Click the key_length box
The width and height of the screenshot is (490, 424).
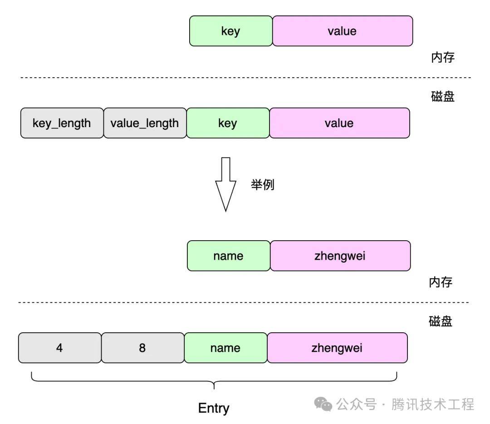click(x=62, y=123)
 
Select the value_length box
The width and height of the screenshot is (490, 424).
click(x=145, y=123)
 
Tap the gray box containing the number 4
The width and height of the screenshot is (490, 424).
click(x=60, y=348)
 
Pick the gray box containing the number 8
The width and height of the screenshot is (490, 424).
click(x=143, y=348)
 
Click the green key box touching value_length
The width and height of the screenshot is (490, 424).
click(x=228, y=123)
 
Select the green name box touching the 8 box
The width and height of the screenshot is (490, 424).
click(x=225, y=348)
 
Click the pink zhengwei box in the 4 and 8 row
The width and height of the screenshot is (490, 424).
click(x=337, y=348)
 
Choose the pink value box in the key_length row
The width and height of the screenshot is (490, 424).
click(x=339, y=123)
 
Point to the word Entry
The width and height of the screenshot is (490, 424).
click(x=214, y=408)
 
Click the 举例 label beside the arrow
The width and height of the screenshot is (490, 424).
click(x=263, y=184)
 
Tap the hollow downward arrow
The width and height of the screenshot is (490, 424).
click(x=225, y=184)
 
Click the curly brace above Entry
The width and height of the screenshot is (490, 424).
click(x=214, y=381)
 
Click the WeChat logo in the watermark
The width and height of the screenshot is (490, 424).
click(x=323, y=404)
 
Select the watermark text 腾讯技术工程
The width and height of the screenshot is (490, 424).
click(x=433, y=404)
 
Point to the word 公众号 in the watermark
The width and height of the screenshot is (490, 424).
click(x=357, y=404)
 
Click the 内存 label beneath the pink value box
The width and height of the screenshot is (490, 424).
click(x=442, y=58)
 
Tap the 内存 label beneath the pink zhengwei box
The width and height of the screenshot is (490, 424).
click(x=440, y=282)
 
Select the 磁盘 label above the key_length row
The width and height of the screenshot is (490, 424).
click(x=442, y=96)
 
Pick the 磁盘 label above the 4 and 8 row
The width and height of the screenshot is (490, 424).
click(x=440, y=321)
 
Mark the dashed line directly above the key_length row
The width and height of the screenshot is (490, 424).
click(x=245, y=77)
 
